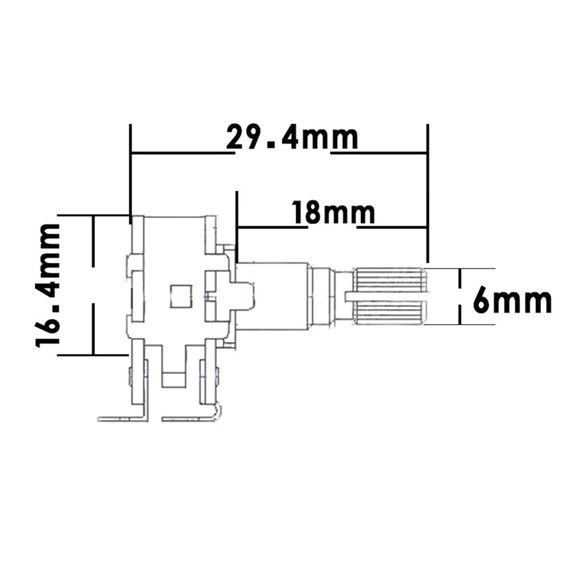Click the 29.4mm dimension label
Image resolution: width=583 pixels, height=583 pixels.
tap(292, 138)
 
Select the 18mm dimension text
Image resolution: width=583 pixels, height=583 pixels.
tap(333, 213)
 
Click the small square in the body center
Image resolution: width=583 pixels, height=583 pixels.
tap(181, 296)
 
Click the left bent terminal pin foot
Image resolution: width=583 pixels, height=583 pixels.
tap(123, 418)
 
